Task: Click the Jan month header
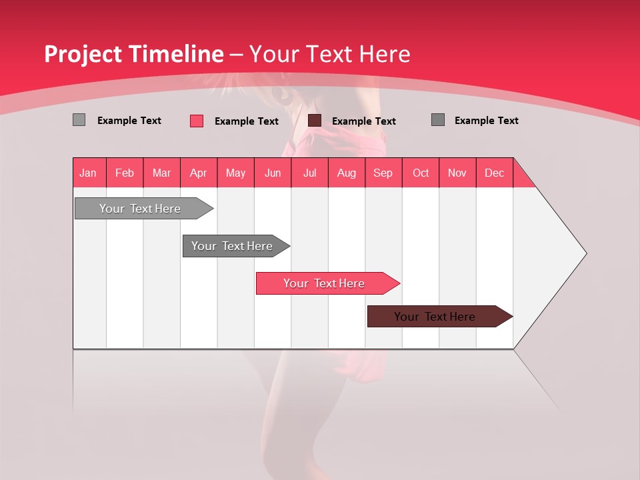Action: (x=89, y=173)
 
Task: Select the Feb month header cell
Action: (x=125, y=173)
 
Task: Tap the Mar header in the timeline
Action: (x=161, y=173)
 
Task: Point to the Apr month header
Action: (x=199, y=173)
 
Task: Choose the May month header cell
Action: (x=235, y=173)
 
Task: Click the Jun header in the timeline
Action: (x=273, y=173)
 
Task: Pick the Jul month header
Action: (x=309, y=173)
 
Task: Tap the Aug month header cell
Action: (x=347, y=173)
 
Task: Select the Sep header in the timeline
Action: (x=383, y=173)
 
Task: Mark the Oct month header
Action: (x=421, y=173)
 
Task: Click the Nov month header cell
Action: (x=457, y=173)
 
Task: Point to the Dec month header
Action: (x=495, y=173)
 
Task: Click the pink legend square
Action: (x=197, y=121)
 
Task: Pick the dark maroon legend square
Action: (x=315, y=121)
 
